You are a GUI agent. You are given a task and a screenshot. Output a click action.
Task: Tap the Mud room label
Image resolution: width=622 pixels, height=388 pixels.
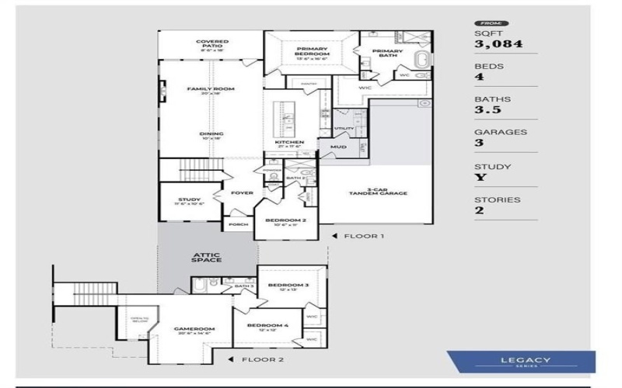click(x=338, y=146)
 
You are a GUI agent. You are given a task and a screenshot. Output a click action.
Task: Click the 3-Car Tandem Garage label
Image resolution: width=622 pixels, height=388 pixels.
click(x=378, y=192)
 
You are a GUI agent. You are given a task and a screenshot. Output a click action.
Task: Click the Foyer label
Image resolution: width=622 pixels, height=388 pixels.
click(x=243, y=192)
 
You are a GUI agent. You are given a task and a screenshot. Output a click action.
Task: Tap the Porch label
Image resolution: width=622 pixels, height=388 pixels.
click(x=239, y=225)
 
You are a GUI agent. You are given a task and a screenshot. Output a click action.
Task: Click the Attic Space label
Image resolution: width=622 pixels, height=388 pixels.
click(x=207, y=256)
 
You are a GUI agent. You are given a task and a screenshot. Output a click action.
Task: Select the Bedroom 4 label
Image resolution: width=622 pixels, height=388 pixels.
click(x=267, y=327)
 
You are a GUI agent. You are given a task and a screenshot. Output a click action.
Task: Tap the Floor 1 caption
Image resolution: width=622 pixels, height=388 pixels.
click(x=364, y=235)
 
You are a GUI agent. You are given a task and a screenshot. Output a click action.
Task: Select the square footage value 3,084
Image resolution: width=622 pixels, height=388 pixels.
click(x=498, y=44)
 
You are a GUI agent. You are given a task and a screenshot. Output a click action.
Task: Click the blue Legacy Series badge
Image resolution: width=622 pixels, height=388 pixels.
click(x=521, y=362)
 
